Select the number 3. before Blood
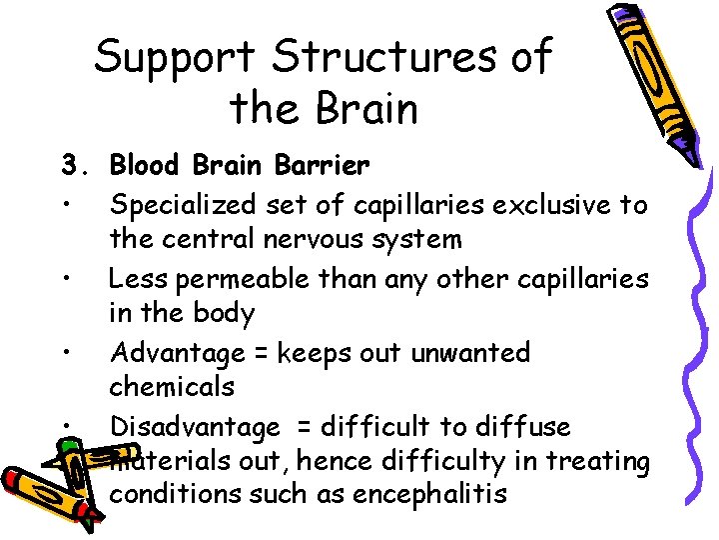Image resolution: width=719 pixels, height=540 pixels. (x=74, y=164)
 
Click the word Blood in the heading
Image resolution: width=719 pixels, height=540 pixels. (x=146, y=164)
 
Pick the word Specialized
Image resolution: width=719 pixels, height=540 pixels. (x=184, y=205)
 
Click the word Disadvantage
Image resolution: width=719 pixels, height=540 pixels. (x=195, y=427)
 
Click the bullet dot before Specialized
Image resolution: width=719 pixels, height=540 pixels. (x=64, y=206)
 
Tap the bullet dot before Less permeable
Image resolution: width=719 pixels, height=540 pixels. (x=64, y=279)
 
